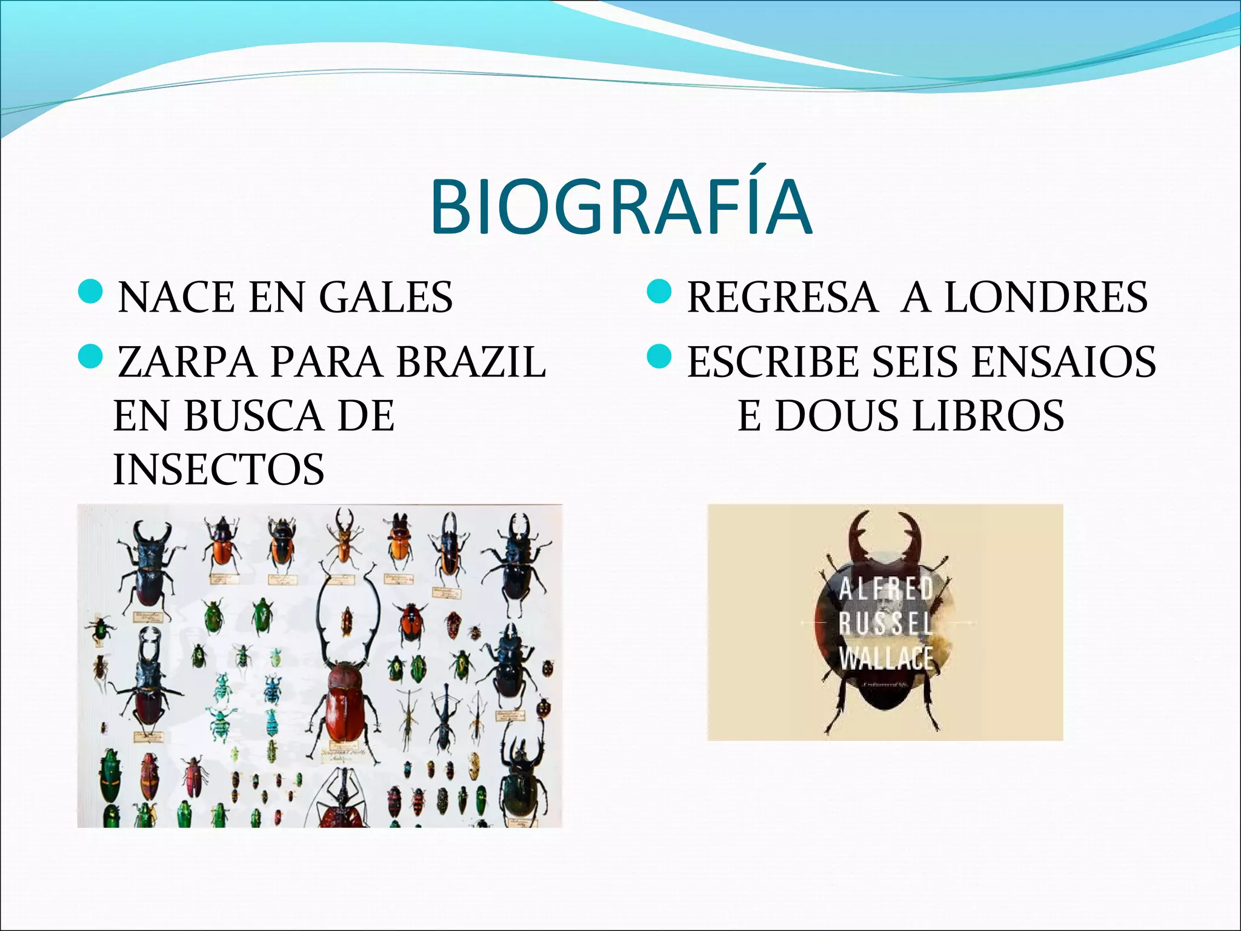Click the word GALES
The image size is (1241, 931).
(385, 297)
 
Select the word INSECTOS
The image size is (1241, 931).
(219, 470)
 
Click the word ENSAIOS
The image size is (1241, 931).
(1063, 362)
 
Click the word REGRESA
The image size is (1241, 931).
(782, 297)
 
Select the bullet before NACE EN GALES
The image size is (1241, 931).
(91, 293)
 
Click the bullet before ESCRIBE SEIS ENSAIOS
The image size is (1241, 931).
(660, 358)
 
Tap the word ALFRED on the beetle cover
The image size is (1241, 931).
(886, 589)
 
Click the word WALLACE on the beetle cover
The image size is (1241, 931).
(886, 658)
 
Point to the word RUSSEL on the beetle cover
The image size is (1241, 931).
(886, 623)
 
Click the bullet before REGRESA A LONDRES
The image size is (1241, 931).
(660, 293)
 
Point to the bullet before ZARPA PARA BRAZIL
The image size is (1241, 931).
(91, 358)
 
